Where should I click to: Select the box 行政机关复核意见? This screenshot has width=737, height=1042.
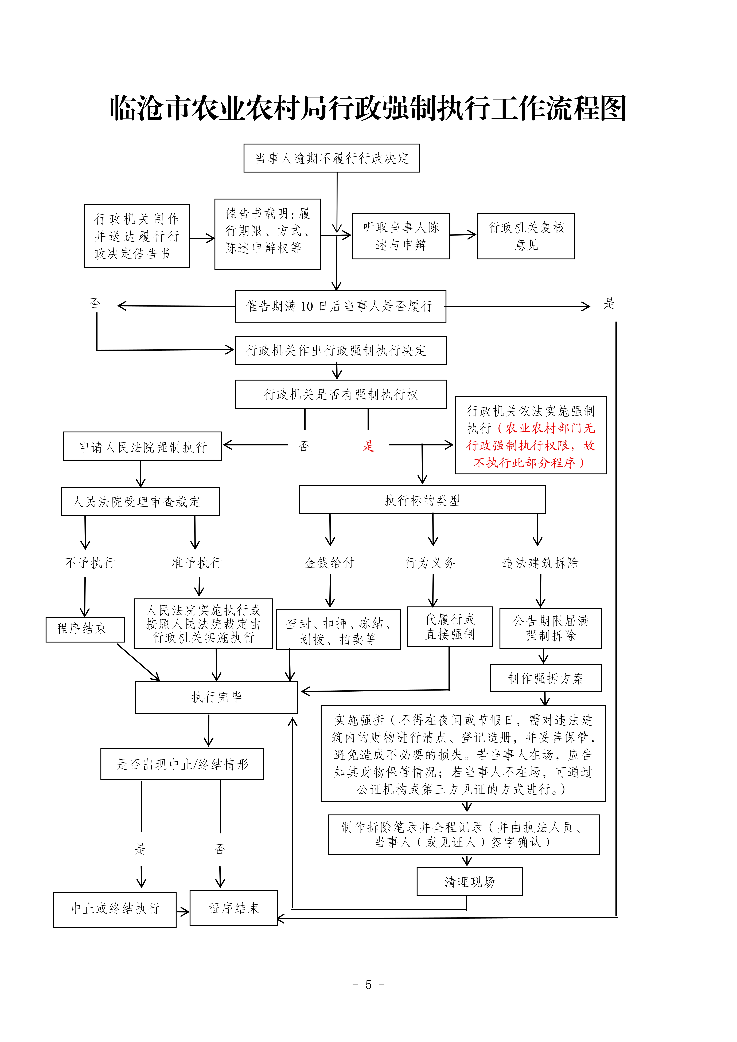(526, 236)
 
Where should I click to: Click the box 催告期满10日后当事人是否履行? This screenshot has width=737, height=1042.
(340, 306)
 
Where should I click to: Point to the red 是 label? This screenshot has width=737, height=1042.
(368, 446)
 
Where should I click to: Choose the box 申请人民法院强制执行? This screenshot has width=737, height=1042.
(142, 446)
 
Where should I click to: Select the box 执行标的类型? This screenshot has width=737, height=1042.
(422, 500)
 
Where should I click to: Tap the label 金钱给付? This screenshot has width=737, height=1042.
(329, 563)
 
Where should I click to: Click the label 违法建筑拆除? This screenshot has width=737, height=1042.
(540, 563)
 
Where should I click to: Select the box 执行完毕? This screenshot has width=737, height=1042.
(216, 697)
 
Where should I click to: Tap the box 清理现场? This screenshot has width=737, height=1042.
(469, 882)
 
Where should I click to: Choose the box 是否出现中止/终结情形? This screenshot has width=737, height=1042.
(182, 764)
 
